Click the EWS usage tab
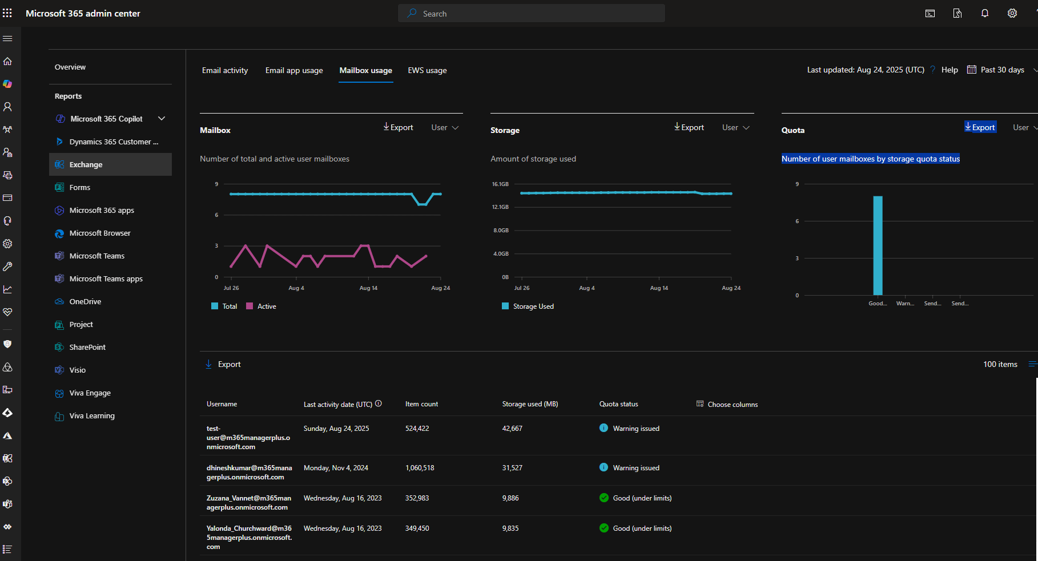tap(427, 71)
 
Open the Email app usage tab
tap(294, 71)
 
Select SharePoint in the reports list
tap(87, 347)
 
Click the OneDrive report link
tap(85, 301)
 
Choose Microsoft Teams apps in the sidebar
tap(106, 279)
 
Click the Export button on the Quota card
tap(980, 127)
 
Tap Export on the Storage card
tap(689, 127)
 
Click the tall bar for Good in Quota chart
tap(878, 245)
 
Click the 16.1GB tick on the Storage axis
tap(500, 184)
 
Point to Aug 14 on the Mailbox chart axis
tap(368, 288)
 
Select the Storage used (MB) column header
tap(530, 404)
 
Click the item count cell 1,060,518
tap(420, 468)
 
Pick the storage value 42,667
tap(512, 429)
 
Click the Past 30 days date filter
tap(1002, 70)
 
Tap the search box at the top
tap(531, 14)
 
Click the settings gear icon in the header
tap(1012, 14)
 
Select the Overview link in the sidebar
tap(70, 67)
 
